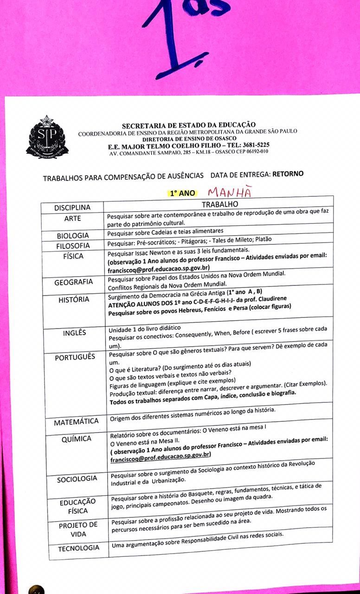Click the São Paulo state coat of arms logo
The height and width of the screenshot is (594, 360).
46,137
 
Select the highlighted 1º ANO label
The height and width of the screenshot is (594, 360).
182,193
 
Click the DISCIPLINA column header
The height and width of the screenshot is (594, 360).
72,207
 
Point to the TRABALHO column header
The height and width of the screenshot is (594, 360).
219,204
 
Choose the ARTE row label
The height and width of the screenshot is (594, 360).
72,219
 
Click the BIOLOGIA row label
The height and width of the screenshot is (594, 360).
73,235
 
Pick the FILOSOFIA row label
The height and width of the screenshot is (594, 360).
73,245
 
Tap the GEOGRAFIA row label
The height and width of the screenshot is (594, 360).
74,282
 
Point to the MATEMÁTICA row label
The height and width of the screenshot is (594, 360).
76,422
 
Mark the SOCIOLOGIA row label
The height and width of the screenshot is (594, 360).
77,479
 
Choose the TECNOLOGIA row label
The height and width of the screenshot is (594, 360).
78,548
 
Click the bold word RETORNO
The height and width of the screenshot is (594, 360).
288,174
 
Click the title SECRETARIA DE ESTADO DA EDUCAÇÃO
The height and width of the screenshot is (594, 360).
189,124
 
